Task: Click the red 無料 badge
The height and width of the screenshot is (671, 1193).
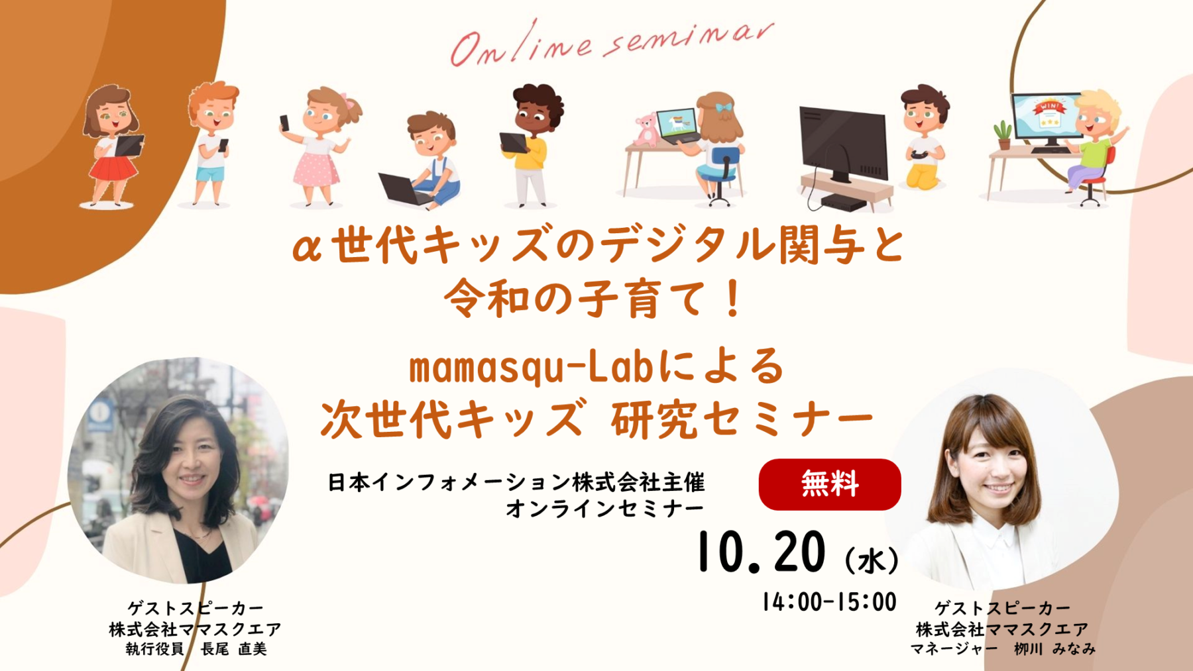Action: click(830, 484)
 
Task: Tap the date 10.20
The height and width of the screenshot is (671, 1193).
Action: click(762, 552)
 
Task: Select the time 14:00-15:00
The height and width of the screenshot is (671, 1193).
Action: click(829, 602)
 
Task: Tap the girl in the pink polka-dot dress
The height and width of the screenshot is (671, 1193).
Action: click(319, 146)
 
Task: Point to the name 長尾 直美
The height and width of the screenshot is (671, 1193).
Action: click(234, 649)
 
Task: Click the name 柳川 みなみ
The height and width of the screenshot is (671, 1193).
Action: click(1054, 649)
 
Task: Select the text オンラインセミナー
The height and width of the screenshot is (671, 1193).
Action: click(604, 509)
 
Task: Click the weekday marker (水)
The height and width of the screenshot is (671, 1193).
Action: click(872, 560)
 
